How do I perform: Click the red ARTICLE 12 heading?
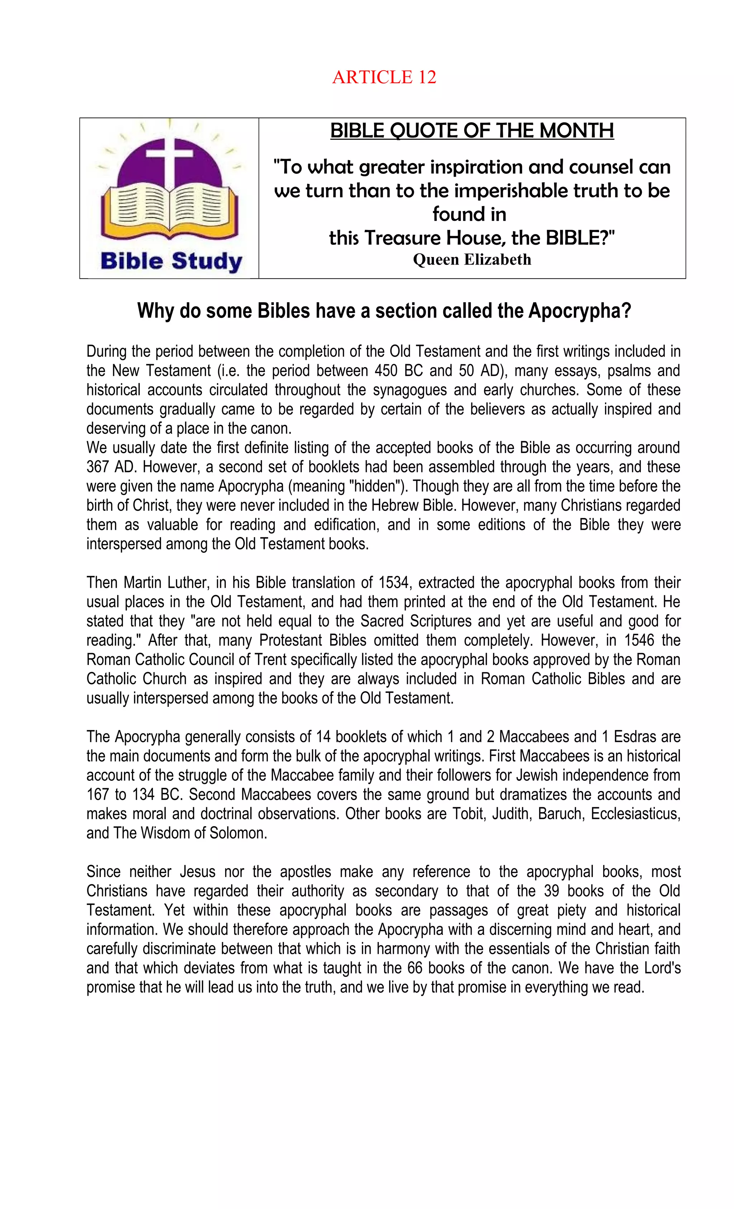click(x=384, y=77)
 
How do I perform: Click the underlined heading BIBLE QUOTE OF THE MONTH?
click(x=472, y=131)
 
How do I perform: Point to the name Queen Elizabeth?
click(x=472, y=259)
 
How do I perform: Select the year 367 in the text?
click(x=97, y=467)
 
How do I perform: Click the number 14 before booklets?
click(x=323, y=737)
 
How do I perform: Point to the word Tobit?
click(x=468, y=814)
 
